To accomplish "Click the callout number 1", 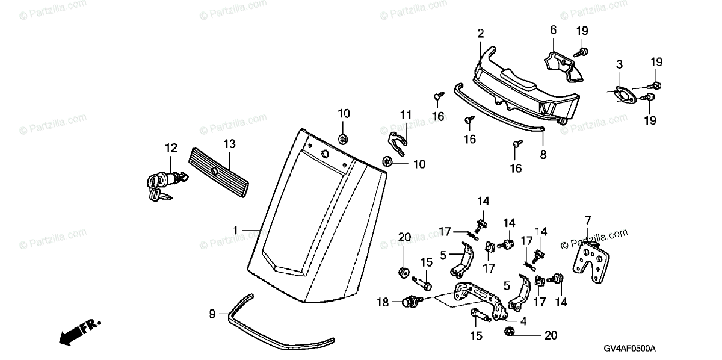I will [236, 230].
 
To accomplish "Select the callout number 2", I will [481, 34].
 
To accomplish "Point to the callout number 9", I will [212, 314].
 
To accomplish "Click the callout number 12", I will [171, 147].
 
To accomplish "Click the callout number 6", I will [553, 30].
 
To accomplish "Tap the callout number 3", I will [619, 64].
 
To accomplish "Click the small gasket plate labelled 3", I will [620, 96].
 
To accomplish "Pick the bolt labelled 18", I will [412, 300].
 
